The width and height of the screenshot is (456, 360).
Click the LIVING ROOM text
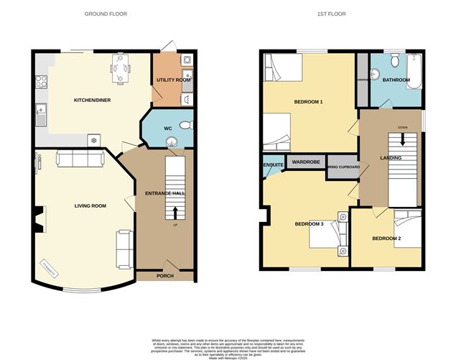tap(90, 206)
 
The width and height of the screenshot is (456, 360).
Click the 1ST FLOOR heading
tap(342, 14)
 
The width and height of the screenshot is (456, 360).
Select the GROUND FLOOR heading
tap(108, 14)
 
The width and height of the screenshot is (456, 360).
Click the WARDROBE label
tap(306, 162)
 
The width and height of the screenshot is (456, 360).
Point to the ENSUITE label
tap(273, 166)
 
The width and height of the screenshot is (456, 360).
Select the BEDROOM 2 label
tap(386, 238)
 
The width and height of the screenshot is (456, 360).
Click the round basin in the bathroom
tap(376, 73)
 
